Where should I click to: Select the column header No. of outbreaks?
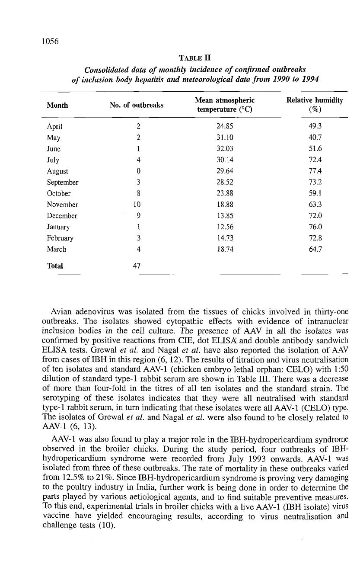click(x=137, y=105)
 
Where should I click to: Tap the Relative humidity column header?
click(x=315, y=105)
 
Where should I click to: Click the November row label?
click(x=62, y=205)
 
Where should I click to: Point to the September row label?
click(x=62, y=183)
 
